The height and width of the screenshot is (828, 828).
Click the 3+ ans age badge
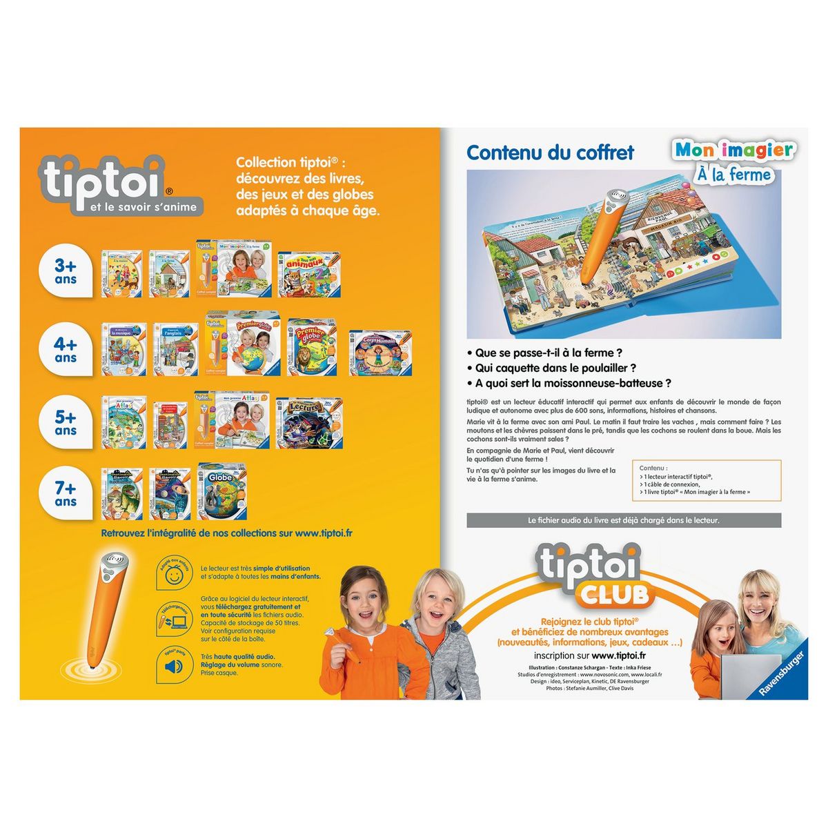(x=66, y=272)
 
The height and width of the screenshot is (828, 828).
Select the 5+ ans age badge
(x=66, y=423)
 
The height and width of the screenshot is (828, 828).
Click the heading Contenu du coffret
(x=550, y=152)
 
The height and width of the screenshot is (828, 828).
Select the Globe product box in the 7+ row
(x=223, y=491)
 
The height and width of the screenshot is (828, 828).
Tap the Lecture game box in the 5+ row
(x=309, y=422)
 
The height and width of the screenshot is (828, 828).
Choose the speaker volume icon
(x=172, y=666)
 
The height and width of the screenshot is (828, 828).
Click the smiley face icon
(x=173, y=573)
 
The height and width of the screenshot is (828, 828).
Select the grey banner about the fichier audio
(x=624, y=520)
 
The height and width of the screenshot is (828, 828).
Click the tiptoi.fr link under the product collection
(x=324, y=533)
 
